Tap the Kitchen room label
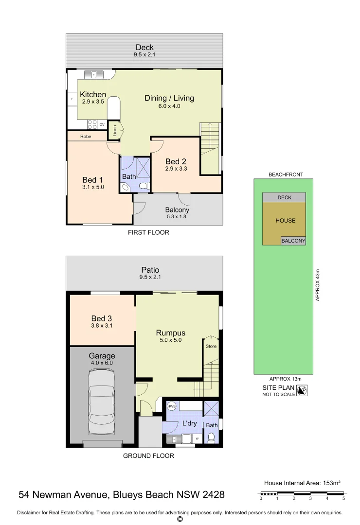click(x=93, y=95)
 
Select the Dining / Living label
click(x=169, y=98)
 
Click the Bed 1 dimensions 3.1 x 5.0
click(x=93, y=187)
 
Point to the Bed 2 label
click(x=176, y=161)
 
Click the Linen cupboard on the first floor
click(x=114, y=130)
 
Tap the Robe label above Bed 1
click(x=86, y=137)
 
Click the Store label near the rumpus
click(x=211, y=346)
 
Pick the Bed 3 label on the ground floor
click(x=102, y=318)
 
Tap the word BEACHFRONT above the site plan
click(x=286, y=174)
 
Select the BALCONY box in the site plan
click(x=293, y=241)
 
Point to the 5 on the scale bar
click(x=343, y=498)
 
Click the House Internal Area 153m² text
click(x=302, y=483)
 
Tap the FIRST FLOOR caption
click(x=148, y=232)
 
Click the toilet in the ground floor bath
click(x=211, y=437)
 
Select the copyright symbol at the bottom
click(x=180, y=519)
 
